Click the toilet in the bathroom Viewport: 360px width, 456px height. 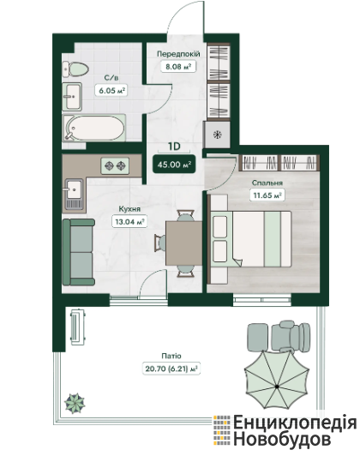point(75,69)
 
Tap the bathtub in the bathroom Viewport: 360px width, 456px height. point(94,128)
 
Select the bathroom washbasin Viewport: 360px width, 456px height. point(72,96)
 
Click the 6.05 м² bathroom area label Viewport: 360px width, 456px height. point(112,91)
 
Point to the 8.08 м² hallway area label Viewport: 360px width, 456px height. point(178,67)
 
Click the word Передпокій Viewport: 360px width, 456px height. point(178,54)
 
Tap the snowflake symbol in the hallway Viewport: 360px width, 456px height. point(217,135)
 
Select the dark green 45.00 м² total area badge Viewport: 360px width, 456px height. point(174,165)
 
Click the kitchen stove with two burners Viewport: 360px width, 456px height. point(115,165)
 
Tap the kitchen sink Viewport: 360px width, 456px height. point(74,194)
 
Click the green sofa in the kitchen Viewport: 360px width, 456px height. point(79,252)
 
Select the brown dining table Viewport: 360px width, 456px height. point(183,243)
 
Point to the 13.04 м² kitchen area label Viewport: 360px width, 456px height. point(129,222)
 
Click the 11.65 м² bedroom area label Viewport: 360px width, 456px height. point(267,195)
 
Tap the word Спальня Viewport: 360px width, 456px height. point(267,183)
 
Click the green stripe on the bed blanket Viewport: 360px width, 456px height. point(273,239)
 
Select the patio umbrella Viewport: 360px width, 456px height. point(277,380)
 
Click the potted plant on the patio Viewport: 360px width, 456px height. point(75,403)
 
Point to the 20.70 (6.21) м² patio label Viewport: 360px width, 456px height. point(171,369)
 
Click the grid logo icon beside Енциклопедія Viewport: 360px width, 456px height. point(222,430)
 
